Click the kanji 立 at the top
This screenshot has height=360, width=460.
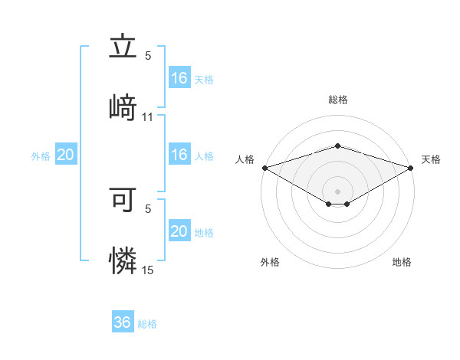123,47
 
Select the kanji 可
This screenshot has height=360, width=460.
123,201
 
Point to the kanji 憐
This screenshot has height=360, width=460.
123,259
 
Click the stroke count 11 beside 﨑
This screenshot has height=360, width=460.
148,117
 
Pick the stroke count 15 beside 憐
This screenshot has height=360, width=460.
148,270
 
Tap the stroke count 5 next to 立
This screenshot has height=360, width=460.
148,55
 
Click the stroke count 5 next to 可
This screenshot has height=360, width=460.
148,208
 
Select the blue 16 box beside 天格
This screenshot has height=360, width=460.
179,78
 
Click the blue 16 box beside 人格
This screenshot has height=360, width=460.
179,155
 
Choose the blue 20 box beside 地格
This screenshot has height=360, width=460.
179,231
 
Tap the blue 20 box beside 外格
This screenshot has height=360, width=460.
65,155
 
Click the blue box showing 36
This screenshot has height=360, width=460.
123,322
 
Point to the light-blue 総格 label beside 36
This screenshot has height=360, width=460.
148,324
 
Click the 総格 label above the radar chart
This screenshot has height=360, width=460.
337,100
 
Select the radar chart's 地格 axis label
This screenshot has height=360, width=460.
402,262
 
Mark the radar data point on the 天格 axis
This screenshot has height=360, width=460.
411,167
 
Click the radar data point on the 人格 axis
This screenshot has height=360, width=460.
264,167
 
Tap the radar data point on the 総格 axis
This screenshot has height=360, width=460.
337,146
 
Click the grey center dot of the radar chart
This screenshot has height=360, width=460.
337,191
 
